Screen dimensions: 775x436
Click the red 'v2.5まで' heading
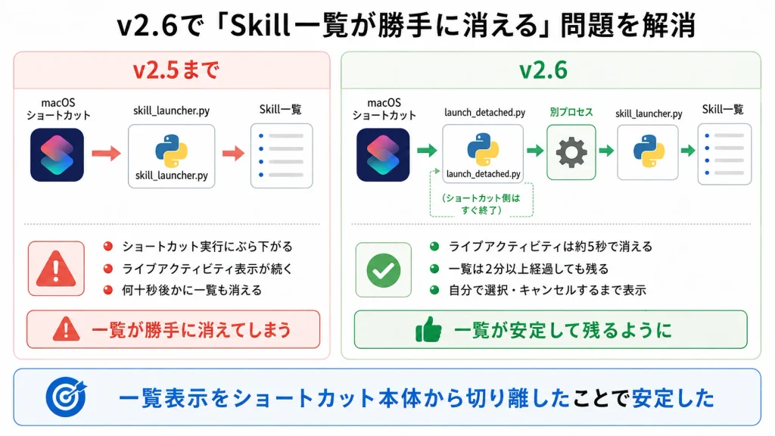click(176, 70)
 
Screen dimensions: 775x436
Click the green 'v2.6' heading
click(543, 70)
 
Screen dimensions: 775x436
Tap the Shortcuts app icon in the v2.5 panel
click(57, 154)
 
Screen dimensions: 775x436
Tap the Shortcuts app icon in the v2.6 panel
click(383, 154)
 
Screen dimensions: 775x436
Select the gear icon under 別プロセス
click(571, 151)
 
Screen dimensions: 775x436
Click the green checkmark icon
click(384, 270)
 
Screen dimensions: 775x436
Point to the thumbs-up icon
click(428, 329)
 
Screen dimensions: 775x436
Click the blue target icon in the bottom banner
click(67, 397)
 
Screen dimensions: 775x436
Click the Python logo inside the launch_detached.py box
click(483, 149)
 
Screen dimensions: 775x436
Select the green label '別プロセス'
click(571, 112)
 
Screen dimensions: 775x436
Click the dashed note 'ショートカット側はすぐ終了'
click(481, 204)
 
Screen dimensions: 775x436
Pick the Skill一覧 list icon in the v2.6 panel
click(724, 154)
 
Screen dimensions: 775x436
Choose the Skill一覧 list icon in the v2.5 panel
click(282, 156)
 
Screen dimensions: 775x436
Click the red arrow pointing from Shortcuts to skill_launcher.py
click(106, 153)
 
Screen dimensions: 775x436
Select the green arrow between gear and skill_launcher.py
click(606, 150)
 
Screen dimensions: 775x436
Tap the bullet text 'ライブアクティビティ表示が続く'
click(207, 269)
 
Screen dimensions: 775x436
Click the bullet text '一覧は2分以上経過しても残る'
click(528, 269)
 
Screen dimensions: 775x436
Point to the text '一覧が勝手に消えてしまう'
click(191, 330)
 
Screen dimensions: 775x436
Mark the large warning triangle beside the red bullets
click(56, 269)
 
